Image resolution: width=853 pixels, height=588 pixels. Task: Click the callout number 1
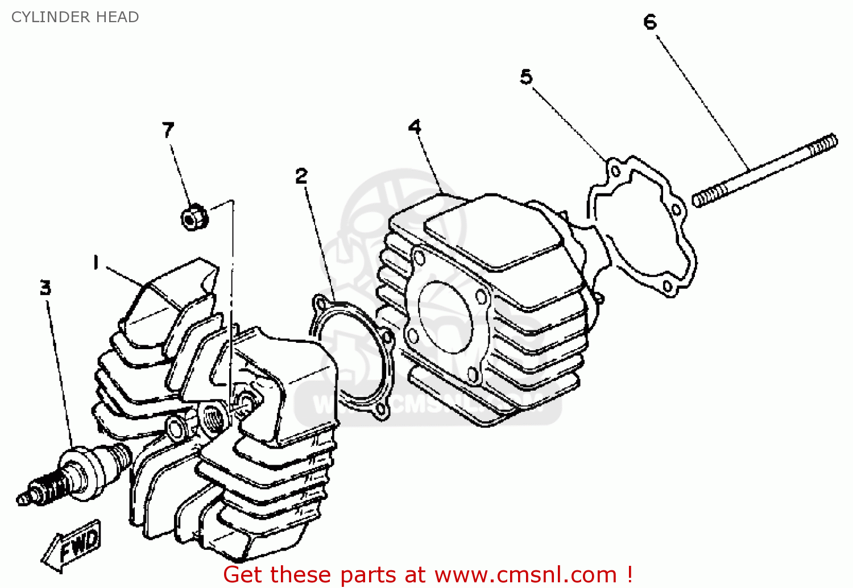tap(96, 263)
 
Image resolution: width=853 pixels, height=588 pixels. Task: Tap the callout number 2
tap(301, 176)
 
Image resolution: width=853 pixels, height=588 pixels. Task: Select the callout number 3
tap(45, 287)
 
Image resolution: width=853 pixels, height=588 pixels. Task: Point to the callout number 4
tap(415, 126)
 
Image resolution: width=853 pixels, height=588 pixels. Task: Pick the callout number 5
tap(526, 76)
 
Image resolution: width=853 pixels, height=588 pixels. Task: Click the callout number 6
tap(650, 22)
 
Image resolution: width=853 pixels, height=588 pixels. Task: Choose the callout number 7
tap(168, 130)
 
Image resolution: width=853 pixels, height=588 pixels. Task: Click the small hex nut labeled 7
tap(193, 217)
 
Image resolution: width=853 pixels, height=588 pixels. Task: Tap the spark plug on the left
tap(74, 473)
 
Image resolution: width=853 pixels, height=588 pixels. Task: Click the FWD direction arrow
tap(72, 545)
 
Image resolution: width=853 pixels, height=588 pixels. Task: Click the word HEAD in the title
tap(118, 17)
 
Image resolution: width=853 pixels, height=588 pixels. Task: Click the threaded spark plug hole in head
tap(215, 419)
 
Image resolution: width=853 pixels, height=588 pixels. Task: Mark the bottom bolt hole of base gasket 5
tap(668, 287)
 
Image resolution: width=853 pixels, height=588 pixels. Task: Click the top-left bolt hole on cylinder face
tap(419, 258)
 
